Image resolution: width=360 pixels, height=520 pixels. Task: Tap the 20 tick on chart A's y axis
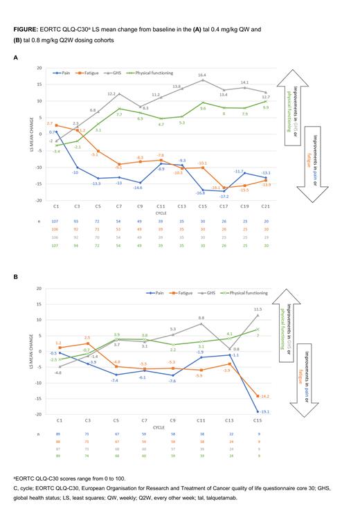(x=39, y=69)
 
